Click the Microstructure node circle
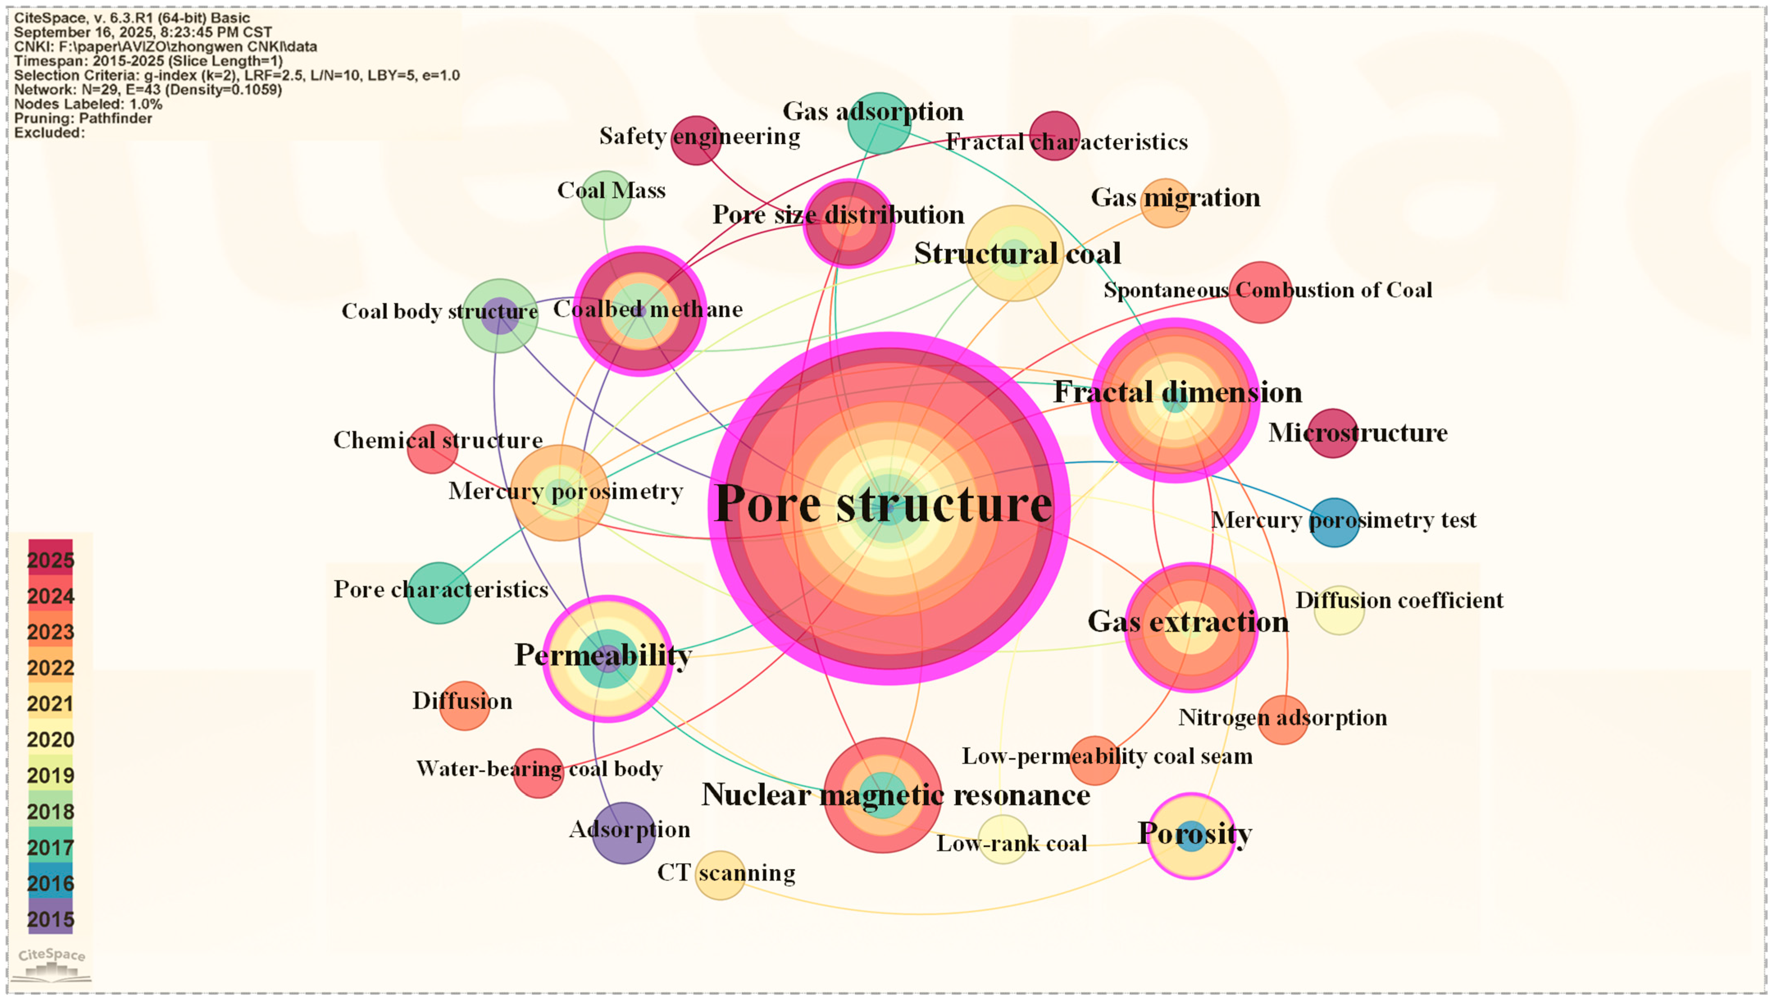tap(1333, 433)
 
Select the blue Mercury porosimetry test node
tap(1334, 522)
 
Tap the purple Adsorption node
tap(623, 833)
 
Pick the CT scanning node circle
tap(720, 875)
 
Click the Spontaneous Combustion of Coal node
tap(1260, 292)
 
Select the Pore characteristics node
tap(439, 592)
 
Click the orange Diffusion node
tap(465, 705)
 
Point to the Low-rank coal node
tap(1003, 839)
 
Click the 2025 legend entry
tap(50, 558)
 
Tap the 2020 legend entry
tap(50, 738)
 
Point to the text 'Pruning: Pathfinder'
tap(83, 118)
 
